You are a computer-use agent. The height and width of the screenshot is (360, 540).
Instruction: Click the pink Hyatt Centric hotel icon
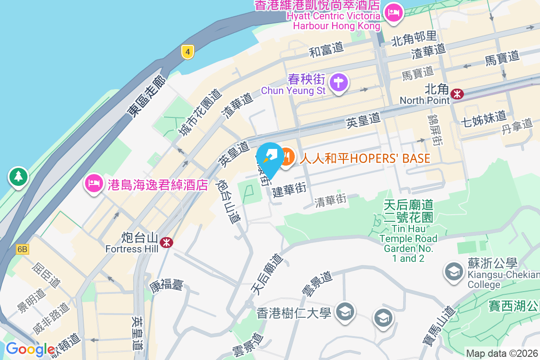pyautogui.click(x=394, y=12)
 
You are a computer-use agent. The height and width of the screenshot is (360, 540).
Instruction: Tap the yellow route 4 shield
pyautogui.click(x=188, y=52)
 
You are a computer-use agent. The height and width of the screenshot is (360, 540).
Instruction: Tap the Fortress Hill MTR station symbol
pyautogui.click(x=167, y=243)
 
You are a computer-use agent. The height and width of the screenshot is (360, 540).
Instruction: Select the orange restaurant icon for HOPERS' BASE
pyautogui.click(x=287, y=157)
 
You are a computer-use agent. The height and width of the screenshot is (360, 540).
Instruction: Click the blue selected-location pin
pyautogui.click(x=271, y=158)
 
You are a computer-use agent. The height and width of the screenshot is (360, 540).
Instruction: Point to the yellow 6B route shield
pyautogui.click(x=22, y=249)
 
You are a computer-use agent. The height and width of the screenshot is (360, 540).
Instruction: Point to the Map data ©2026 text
pyautogui.click(x=502, y=354)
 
